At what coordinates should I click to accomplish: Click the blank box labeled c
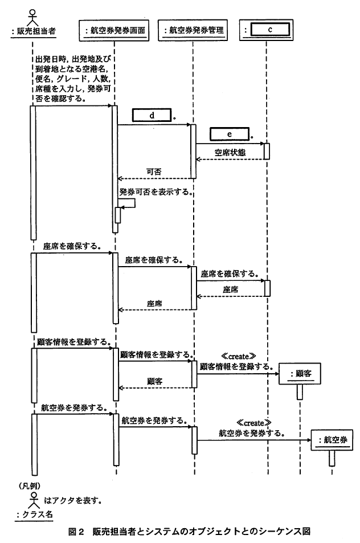(x=269, y=30)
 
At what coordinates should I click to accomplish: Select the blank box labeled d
(x=152, y=115)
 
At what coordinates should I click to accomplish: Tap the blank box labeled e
(x=229, y=134)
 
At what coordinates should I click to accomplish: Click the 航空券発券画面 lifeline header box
(x=114, y=31)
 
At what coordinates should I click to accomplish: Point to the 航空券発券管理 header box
(x=193, y=31)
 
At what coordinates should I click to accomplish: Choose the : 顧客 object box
(x=300, y=374)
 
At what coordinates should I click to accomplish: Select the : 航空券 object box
(x=332, y=440)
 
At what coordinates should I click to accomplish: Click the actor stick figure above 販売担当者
(x=32, y=17)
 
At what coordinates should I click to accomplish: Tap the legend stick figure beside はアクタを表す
(x=34, y=500)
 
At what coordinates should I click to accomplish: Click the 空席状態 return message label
(x=230, y=153)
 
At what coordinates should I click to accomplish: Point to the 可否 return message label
(x=154, y=172)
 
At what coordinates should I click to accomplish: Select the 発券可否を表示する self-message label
(x=156, y=192)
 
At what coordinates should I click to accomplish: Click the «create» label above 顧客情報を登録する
(x=239, y=356)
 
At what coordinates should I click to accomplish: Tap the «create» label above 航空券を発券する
(x=253, y=423)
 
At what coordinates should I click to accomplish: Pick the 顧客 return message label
(x=154, y=381)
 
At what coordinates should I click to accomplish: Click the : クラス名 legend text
(x=35, y=515)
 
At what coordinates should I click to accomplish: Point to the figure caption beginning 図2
(x=189, y=531)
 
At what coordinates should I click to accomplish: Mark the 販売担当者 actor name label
(x=33, y=31)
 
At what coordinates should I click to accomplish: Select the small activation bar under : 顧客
(x=300, y=392)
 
